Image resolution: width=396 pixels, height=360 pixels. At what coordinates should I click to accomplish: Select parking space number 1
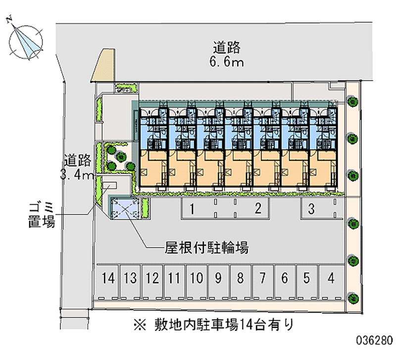(x=191, y=209)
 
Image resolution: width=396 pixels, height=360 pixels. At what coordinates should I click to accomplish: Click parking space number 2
(x=257, y=209)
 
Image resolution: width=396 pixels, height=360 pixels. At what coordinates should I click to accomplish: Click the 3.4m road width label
(x=77, y=174)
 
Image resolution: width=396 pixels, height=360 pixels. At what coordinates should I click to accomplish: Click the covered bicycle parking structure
(x=124, y=208)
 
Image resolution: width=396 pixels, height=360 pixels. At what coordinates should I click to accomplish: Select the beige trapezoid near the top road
(x=103, y=65)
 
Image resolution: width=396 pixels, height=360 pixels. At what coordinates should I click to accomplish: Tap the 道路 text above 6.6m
(x=227, y=48)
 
